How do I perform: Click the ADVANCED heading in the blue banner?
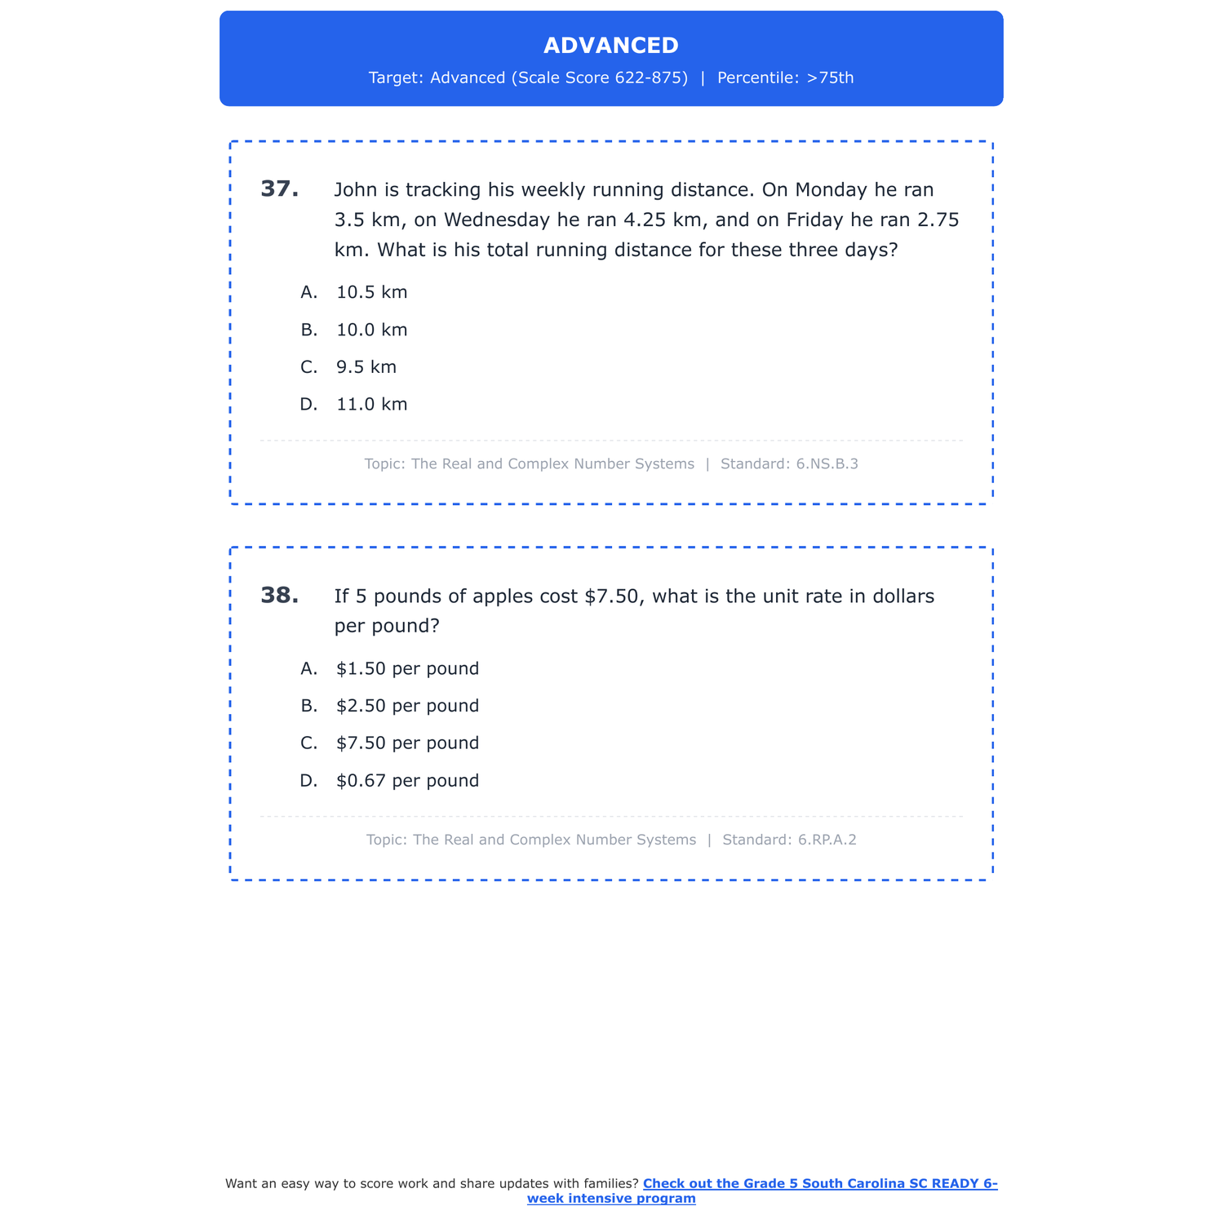tap(610, 46)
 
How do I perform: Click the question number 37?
tap(279, 189)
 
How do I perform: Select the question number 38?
tap(279, 596)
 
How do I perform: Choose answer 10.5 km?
tap(371, 292)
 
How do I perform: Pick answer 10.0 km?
tap(371, 330)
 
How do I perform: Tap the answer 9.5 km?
tap(366, 367)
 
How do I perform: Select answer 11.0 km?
tap(371, 405)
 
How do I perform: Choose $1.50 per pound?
tap(407, 669)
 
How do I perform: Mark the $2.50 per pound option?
tap(407, 706)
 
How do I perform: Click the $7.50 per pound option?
tap(407, 743)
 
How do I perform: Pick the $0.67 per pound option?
tap(407, 781)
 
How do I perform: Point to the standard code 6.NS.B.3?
tap(827, 464)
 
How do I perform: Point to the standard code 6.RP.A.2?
tap(827, 840)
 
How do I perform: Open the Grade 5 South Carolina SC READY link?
tap(819, 1184)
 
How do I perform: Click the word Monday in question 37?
tap(831, 190)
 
